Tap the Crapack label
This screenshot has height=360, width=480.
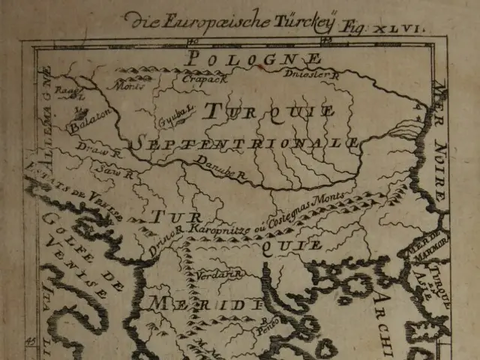point(199,77)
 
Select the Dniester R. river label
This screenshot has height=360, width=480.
point(312,73)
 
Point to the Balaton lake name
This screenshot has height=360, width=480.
point(91,121)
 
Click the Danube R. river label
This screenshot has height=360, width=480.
point(222,169)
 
